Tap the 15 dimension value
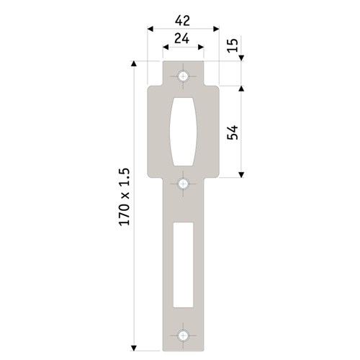coord(232,47)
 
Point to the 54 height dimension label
coord(232,131)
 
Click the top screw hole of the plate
coord(184,75)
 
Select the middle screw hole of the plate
coord(184,184)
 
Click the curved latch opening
coord(184,132)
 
